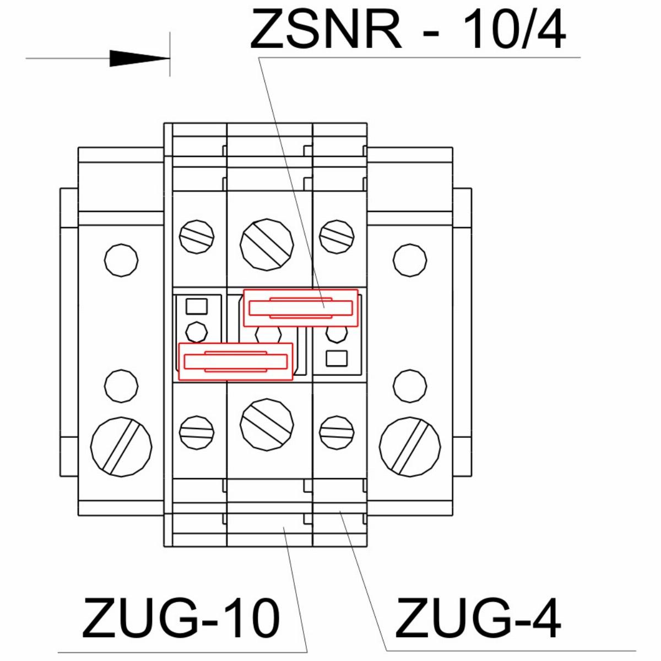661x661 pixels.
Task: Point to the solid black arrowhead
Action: (x=139, y=58)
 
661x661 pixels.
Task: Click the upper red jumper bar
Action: (x=301, y=308)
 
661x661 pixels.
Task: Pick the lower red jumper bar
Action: (x=235, y=362)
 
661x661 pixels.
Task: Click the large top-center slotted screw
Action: (x=267, y=245)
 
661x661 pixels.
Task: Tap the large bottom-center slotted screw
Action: (x=267, y=425)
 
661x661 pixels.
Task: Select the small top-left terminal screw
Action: (x=197, y=237)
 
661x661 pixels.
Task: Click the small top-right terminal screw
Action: (x=337, y=237)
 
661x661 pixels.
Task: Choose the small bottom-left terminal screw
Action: (x=197, y=432)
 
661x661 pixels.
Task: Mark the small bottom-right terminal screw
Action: (x=337, y=432)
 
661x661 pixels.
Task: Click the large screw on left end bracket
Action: (x=121, y=447)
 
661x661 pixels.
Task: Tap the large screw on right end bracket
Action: (x=410, y=447)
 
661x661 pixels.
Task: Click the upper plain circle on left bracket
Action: (x=121, y=261)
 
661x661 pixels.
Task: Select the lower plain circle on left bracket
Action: (x=121, y=386)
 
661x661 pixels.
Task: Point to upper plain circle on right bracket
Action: (x=410, y=261)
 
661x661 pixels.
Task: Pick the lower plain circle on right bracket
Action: (x=410, y=386)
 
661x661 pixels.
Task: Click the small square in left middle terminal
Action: (x=197, y=306)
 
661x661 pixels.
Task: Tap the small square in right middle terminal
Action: (x=337, y=358)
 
